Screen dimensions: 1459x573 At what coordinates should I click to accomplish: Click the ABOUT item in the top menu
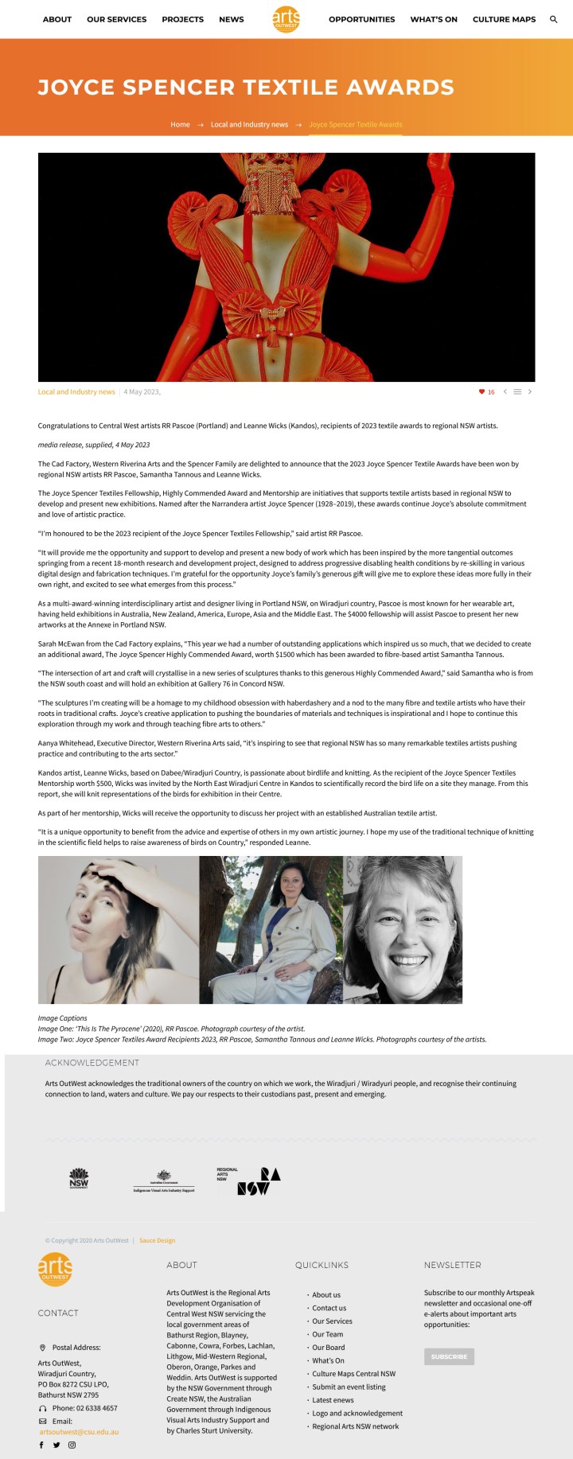pos(57,19)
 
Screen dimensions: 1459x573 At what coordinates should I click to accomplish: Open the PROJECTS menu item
pos(182,19)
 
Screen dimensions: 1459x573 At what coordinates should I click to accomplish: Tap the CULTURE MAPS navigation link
pos(504,19)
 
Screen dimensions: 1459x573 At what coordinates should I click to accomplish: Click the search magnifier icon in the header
pos(554,19)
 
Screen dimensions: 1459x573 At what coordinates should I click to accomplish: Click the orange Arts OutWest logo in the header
pos(286,19)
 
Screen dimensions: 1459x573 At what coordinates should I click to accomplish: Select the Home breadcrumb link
pos(180,125)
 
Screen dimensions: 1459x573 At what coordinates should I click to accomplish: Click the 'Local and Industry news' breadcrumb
pos(249,125)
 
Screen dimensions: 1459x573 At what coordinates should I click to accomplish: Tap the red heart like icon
pos(481,392)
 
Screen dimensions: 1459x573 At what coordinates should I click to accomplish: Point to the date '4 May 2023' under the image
pos(142,392)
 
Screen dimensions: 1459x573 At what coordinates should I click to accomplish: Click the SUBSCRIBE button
pos(449,1356)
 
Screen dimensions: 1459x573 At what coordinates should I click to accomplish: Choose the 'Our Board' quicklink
pos(329,1348)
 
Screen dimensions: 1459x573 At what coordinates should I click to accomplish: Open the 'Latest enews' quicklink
pos(333,1400)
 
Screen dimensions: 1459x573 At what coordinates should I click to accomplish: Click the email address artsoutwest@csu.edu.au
pos(79,1432)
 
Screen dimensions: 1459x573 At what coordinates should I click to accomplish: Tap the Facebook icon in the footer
pos(41,1445)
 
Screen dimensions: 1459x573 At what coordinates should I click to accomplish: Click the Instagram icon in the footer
pos(72,1445)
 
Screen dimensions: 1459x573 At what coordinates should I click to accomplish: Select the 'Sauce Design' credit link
pos(157,1240)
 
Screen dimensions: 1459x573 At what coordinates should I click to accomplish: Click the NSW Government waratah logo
pos(79,1178)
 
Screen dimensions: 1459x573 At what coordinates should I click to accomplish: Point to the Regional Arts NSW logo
pos(249,1181)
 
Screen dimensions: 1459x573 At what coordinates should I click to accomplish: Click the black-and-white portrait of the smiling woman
pos(403,929)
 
